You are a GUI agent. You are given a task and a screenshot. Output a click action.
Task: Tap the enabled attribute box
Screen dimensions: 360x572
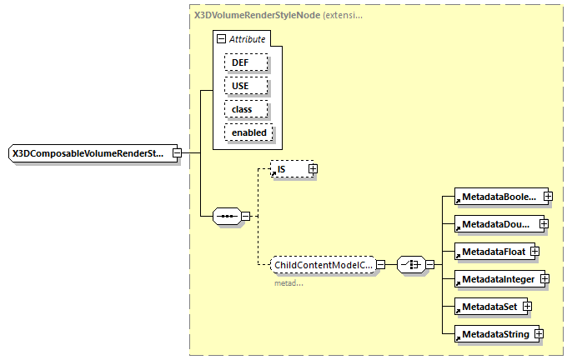click(249, 132)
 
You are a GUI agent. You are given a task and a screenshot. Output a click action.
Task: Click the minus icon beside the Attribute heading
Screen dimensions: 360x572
click(220, 38)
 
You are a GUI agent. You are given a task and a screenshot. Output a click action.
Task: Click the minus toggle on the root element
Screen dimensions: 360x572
click(178, 153)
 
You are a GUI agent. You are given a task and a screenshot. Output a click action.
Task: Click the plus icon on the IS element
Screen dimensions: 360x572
click(314, 169)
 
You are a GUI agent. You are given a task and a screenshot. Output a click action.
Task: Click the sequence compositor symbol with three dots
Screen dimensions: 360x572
click(227, 217)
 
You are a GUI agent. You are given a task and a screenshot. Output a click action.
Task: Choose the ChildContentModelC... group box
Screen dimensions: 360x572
click(322, 264)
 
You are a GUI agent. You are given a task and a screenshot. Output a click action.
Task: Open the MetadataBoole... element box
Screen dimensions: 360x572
click(497, 197)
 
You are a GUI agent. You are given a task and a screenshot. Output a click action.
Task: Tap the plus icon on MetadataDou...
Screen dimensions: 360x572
click(544, 223)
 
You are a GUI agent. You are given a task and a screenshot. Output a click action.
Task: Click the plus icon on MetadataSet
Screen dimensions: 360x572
click(527, 307)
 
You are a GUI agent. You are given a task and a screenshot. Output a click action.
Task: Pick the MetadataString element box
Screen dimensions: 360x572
click(492, 334)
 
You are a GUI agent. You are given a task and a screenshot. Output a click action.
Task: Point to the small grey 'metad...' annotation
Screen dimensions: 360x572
click(289, 283)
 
